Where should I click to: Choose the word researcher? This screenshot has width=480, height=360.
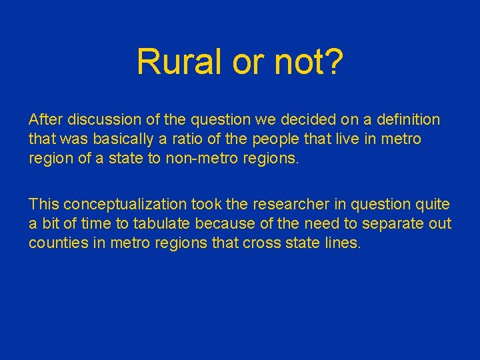261,205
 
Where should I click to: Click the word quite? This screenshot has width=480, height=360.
434,205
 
